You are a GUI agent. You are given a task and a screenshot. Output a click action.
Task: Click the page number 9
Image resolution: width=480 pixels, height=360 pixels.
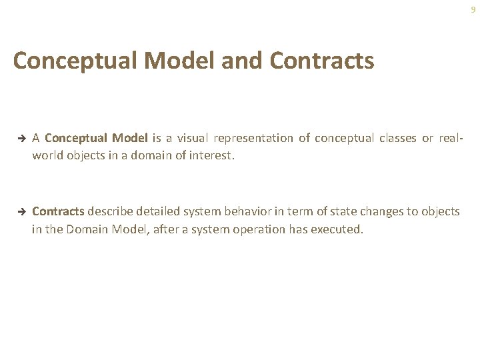pyautogui.click(x=473, y=9)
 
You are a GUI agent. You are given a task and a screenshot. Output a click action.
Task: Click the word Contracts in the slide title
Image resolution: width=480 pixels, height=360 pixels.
pyautogui.click(x=322, y=61)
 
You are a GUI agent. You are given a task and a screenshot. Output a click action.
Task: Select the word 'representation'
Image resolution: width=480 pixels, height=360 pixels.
pyautogui.click(x=254, y=138)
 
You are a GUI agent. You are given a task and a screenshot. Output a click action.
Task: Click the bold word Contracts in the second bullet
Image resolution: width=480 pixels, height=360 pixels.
pyautogui.click(x=58, y=211)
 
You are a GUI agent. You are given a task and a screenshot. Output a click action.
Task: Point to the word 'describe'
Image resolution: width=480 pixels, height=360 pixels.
pyautogui.click(x=110, y=211)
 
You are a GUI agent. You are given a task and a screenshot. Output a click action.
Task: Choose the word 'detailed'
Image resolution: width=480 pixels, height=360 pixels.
pyautogui.click(x=157, y=211)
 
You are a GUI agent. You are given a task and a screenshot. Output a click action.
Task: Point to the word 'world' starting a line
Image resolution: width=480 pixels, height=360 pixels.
pyautogui.click(x=47, y=156)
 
